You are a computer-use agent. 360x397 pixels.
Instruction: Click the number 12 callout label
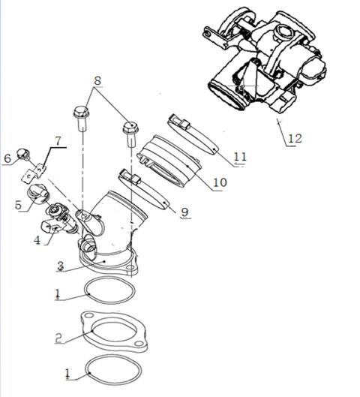click(x=293, y=138)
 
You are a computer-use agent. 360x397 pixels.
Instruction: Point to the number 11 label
click(x=239, y=157)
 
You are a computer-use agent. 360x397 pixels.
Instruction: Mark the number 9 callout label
click(x=184, y=212)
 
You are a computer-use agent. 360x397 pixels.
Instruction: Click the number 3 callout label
click(x=59, y=266)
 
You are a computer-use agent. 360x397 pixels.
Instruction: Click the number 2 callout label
click(x=58, y=338)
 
